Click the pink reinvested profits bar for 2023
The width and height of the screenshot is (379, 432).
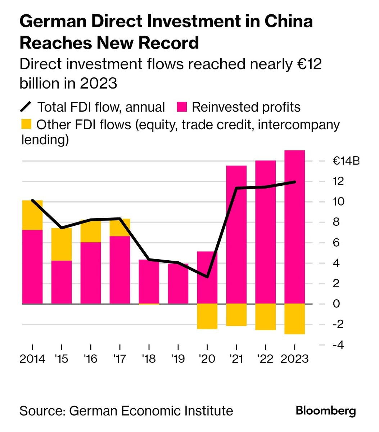point(294,227)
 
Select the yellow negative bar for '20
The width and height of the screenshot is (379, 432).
point(207,316)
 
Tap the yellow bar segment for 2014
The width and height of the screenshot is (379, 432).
point(32,215)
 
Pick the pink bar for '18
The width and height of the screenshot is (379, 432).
point(149,282)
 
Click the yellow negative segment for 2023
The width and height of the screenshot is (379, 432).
point(294,319)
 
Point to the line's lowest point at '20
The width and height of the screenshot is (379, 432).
point(207,277)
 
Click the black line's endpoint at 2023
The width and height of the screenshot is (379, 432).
point(295,182)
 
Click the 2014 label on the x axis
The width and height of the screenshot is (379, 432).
point(32,359)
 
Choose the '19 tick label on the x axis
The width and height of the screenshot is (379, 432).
point(178,359)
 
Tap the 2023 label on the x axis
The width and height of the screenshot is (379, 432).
point(294,359)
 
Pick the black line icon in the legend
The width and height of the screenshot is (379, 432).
point(27,107)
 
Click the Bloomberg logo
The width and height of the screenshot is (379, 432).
point(326,411)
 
